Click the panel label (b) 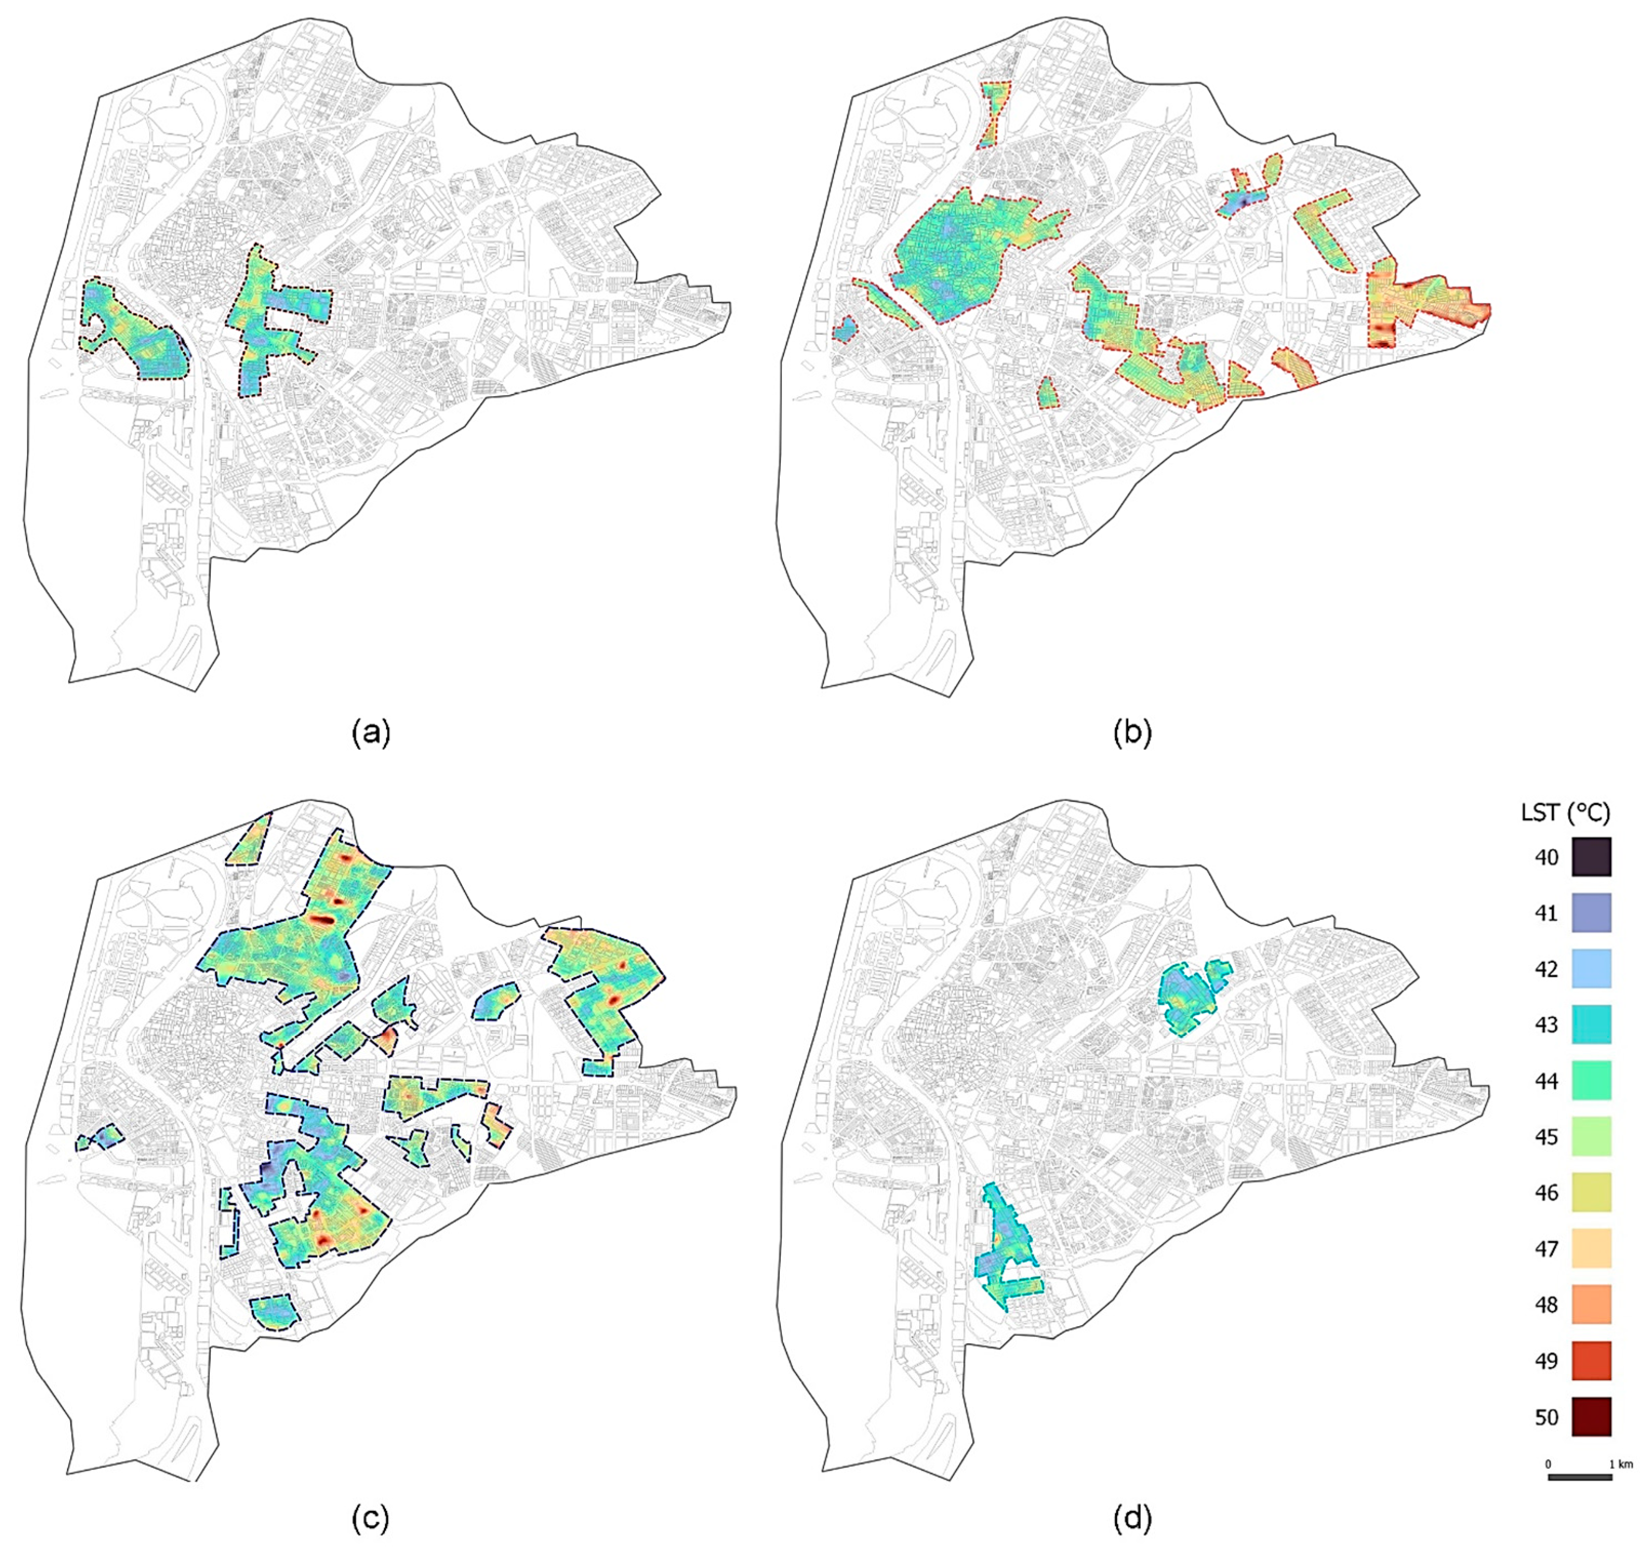pos(1132,733)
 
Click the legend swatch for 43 pos(1591,1024)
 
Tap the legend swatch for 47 pos(1591,1248)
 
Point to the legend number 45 pos(1547,1137)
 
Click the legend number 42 pos(1547,969)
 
